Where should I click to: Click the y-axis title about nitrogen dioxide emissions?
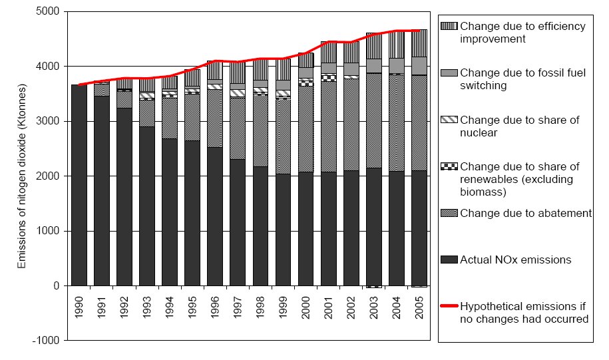coord(22,176)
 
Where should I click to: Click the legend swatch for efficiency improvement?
coord(449,26)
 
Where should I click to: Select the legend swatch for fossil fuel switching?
coord(449,73)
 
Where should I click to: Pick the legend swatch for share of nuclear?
coord(449,120)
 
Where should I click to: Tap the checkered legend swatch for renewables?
coord(449,166)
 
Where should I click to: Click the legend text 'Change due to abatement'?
coord(526,213)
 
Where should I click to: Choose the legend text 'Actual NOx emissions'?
coord(516,260)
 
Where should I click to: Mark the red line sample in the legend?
coord(449,307)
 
